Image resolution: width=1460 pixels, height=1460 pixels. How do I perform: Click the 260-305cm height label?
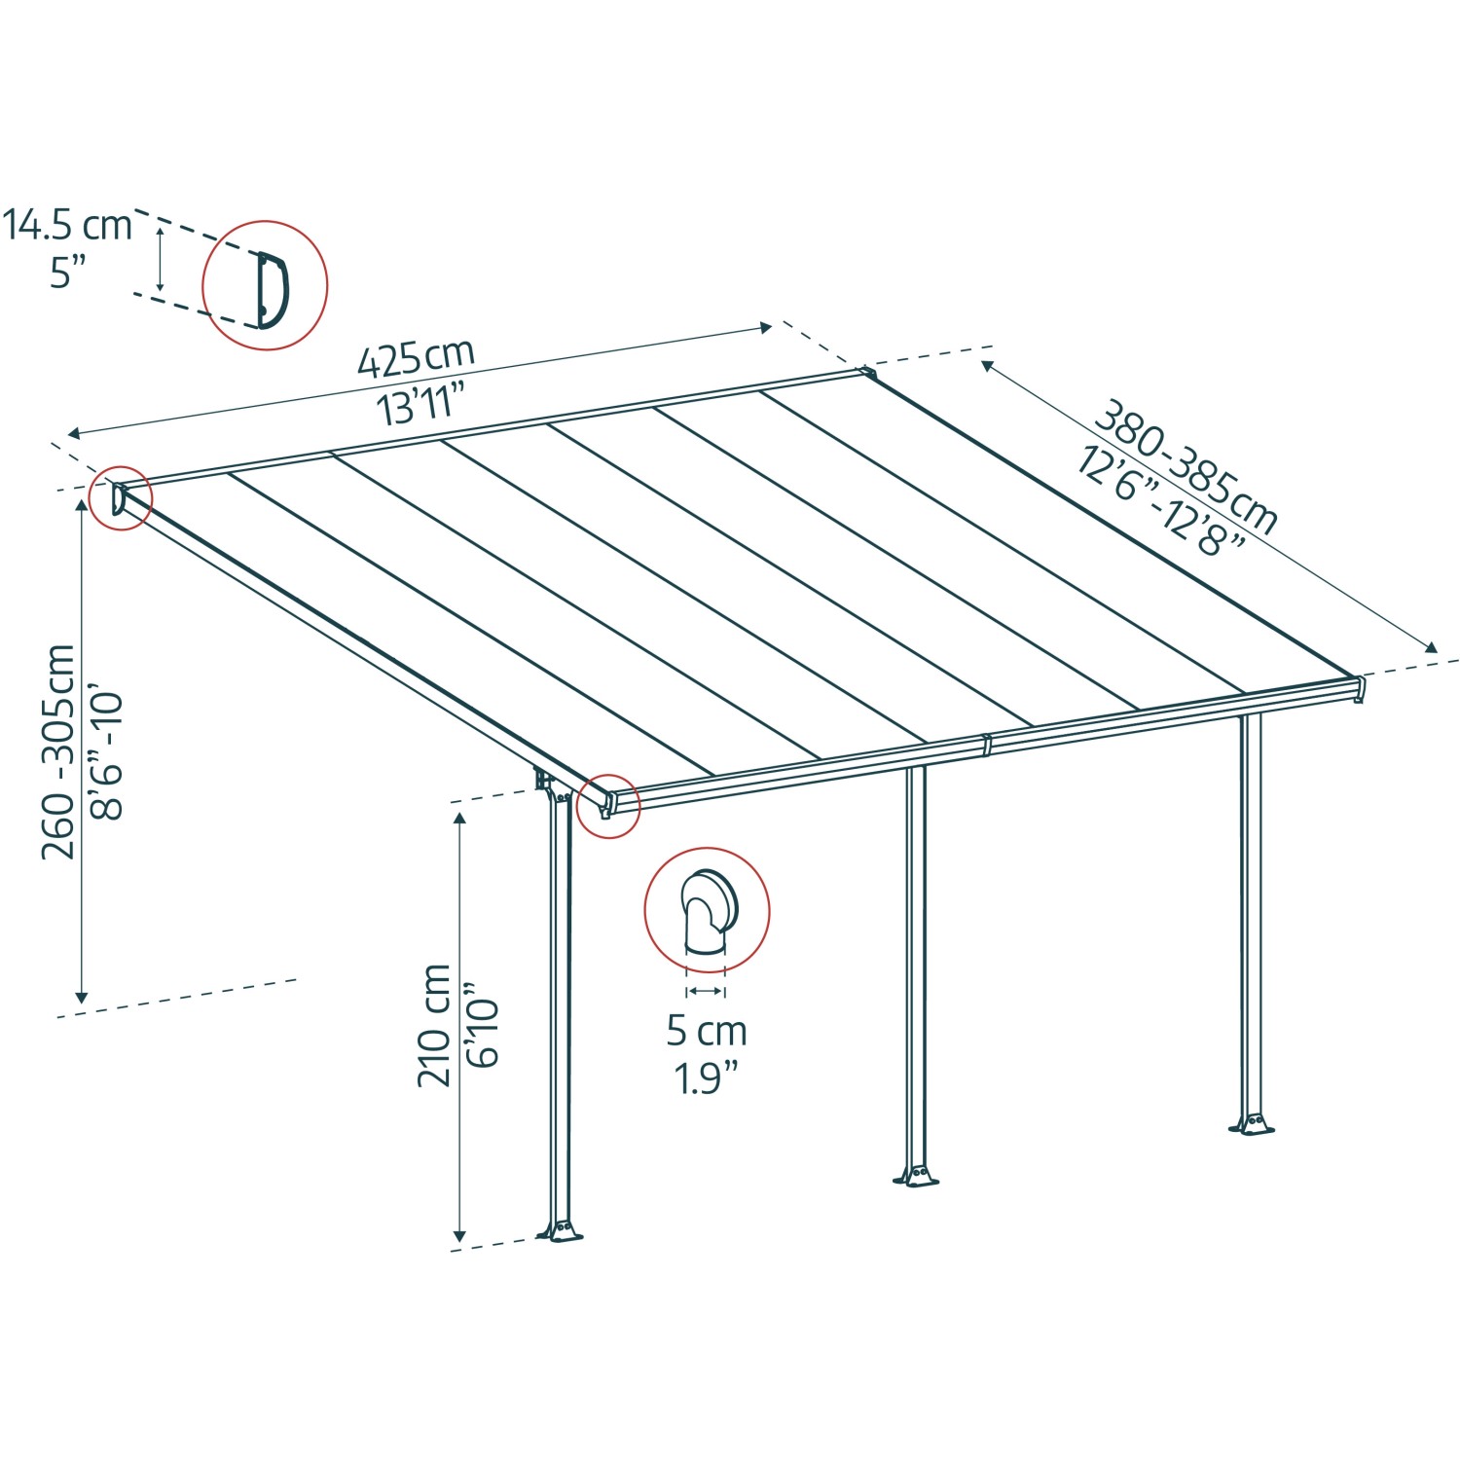click(58, 751)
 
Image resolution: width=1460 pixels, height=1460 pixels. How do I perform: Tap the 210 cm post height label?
click(434, 1025)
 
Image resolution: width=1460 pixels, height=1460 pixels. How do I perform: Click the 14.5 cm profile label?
click(67, 225)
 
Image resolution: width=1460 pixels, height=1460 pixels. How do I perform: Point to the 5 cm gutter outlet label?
click(707, 1031)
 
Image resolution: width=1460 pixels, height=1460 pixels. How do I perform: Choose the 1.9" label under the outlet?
click(708, 1078)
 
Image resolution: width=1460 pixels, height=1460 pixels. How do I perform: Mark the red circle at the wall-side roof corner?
click(121, 498)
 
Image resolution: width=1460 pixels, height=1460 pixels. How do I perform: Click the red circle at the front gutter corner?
click(608, 806)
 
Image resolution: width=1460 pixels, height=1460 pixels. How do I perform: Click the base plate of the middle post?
click(916, 1178)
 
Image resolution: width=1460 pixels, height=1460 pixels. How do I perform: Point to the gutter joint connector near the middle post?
click(986, 746)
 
